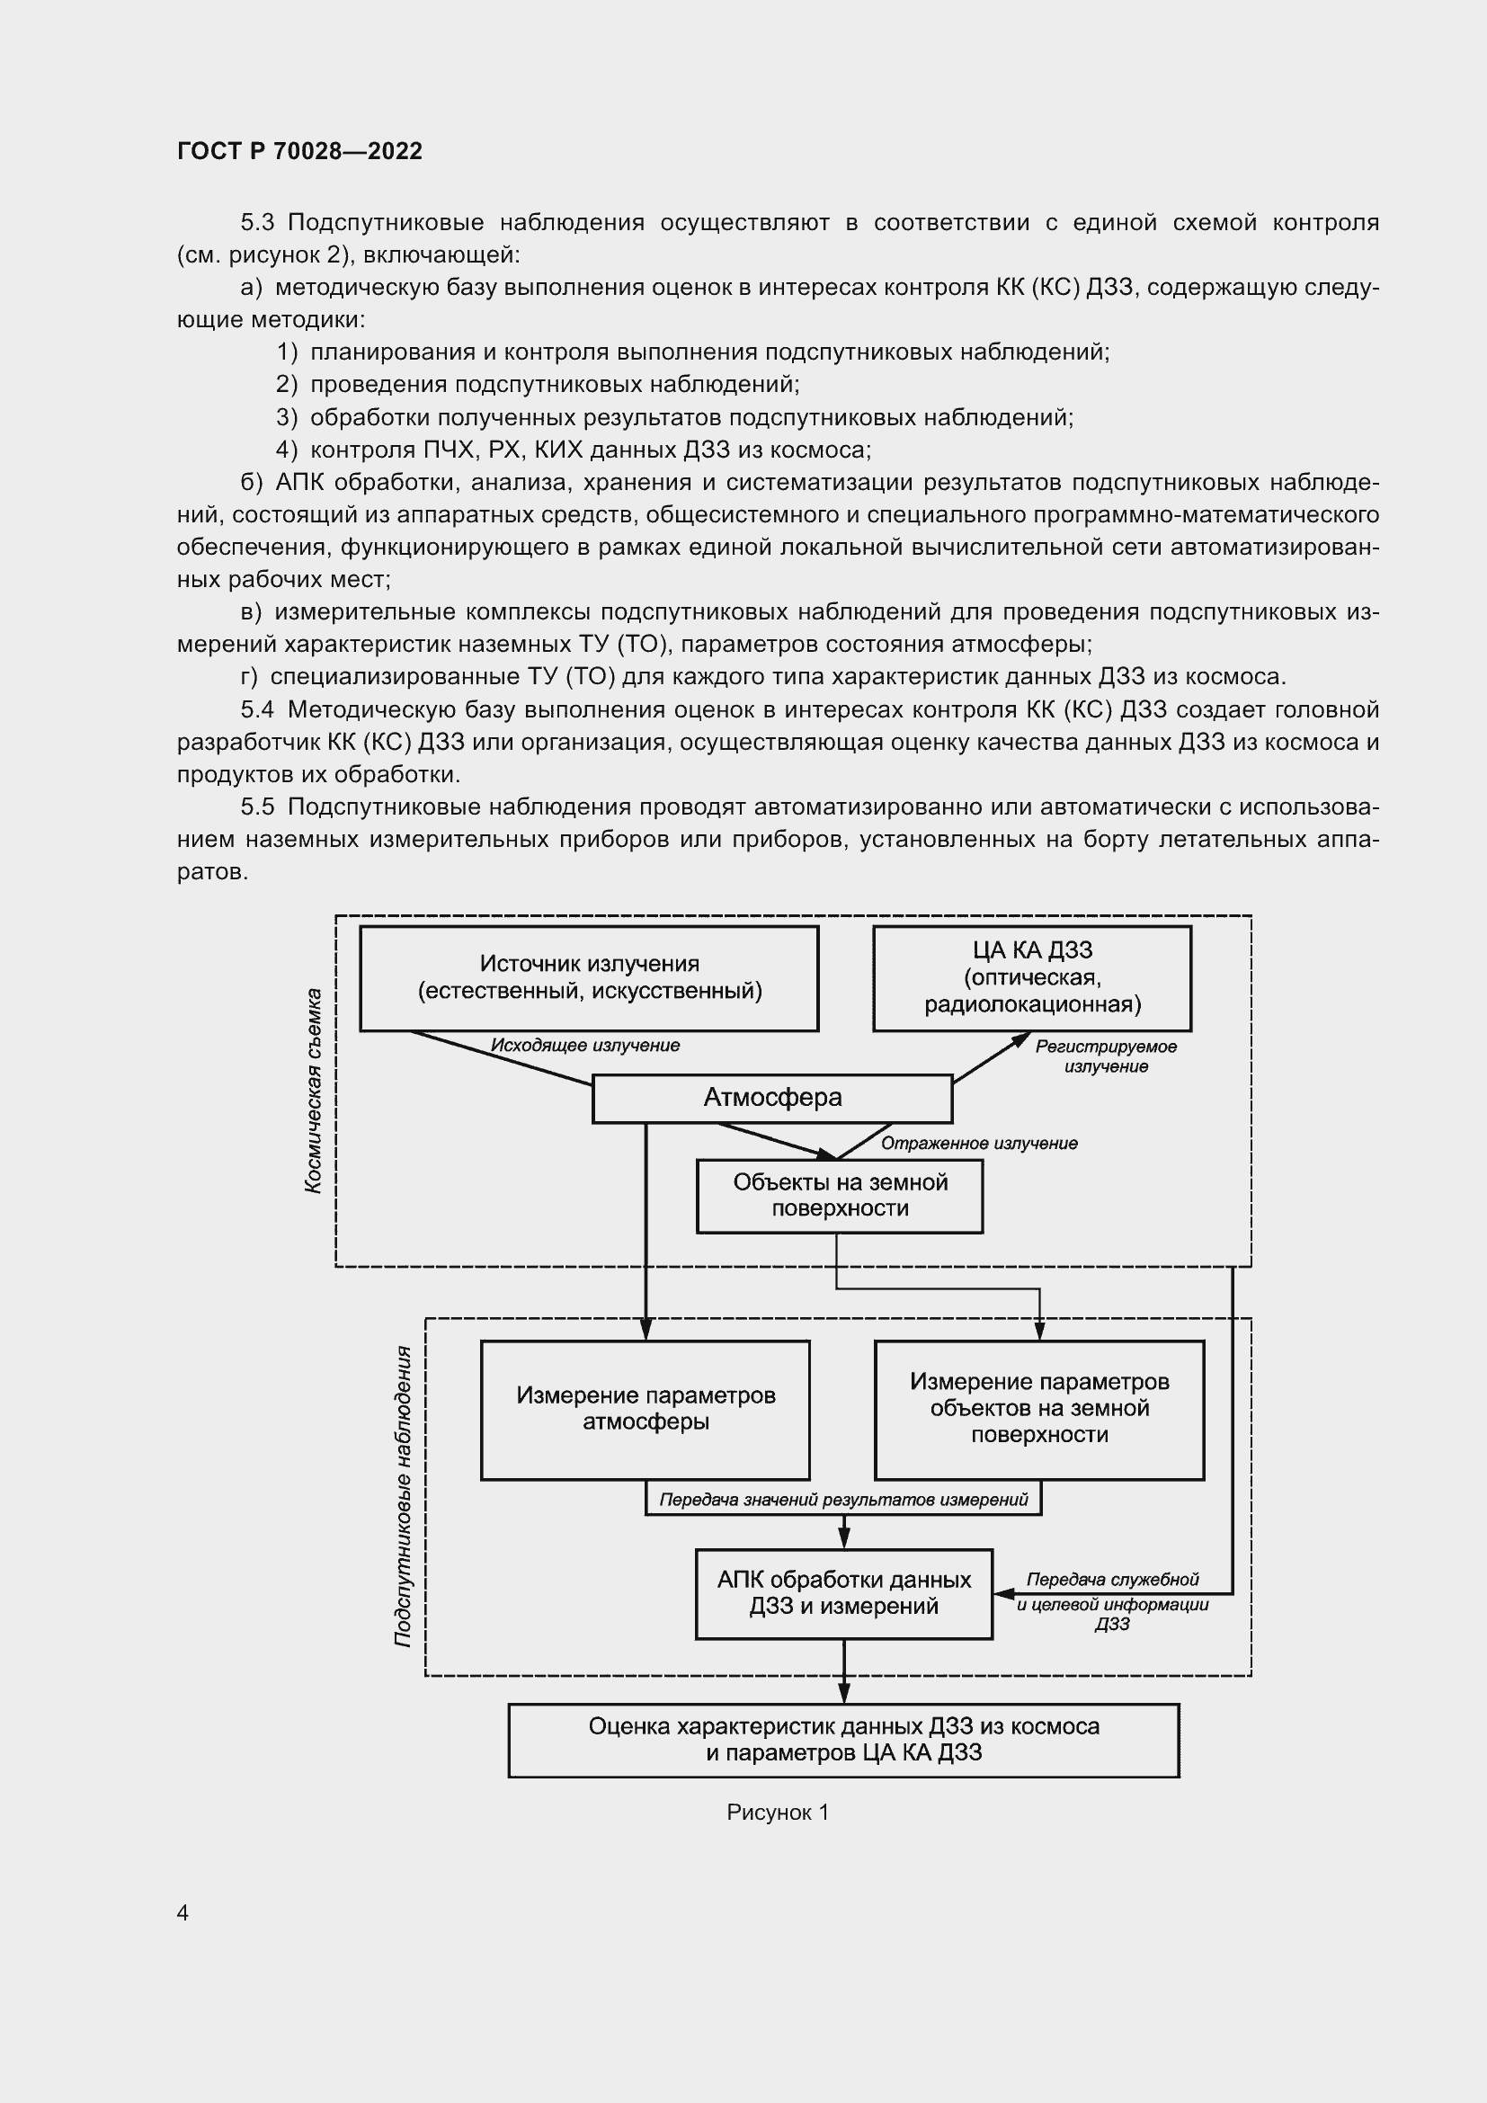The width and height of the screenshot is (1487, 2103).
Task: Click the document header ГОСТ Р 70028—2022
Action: [299, 151]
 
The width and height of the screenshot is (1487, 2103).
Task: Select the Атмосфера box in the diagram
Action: [772, 1097]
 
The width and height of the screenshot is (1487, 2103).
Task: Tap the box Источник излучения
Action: [589, 977]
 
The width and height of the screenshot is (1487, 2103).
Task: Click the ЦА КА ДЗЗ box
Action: [1032, 977]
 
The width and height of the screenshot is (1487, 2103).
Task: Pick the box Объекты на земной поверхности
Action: [839, 1195]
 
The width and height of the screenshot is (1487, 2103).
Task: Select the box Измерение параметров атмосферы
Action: [646, 1409]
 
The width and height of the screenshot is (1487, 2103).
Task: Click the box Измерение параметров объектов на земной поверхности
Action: [1039, 1409]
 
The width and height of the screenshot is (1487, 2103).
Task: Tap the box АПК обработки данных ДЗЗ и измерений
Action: [843, 1593]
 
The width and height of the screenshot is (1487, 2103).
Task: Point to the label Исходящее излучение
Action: [585, 1045]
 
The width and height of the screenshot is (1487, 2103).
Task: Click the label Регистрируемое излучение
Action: [1106, 1056]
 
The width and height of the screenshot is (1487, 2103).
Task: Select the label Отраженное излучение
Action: [979, 1143]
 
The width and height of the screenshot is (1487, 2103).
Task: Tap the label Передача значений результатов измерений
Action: [843, 1500]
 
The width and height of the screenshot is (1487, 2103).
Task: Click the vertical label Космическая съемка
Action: [313, 1090]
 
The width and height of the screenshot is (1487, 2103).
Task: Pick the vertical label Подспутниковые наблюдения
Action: [402, 1496]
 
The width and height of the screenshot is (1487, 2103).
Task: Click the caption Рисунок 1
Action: [778, 1813]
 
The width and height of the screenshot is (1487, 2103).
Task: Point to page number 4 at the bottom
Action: [183, 1912]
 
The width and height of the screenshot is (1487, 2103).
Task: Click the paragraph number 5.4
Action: [257, 710]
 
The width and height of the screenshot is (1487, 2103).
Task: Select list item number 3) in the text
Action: [287, 418]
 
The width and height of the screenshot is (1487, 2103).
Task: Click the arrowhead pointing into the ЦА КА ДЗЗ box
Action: [1022, 1038]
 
